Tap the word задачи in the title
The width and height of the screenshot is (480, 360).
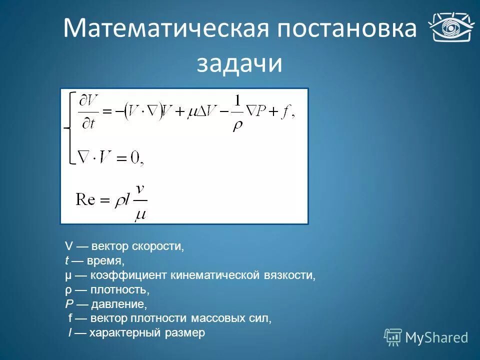[239, 64]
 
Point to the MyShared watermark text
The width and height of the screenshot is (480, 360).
[436, 337]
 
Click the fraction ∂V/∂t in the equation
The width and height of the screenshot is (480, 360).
[88, 112]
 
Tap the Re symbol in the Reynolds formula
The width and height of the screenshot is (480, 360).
[85, 199]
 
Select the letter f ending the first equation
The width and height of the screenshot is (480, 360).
[285, 113]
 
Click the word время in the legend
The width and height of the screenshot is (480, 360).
[104, 261]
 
